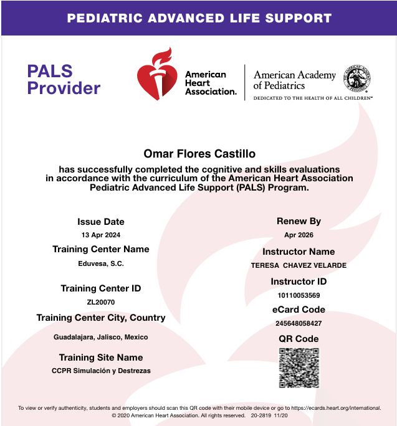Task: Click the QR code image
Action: (x=299, y=367)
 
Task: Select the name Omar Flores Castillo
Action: (x=199, y=153)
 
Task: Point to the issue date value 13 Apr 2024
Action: (x=101, y=235)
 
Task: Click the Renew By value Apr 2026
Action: (x=299, y=235)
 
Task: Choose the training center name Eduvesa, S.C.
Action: (x=101, y=263)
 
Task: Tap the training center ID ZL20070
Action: (x=101, y=302)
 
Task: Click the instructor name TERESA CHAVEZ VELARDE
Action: (x=299, y=265)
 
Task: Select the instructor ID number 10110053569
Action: (x=299, y=295)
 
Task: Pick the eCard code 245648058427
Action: (x=299, y=323)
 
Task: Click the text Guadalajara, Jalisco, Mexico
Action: (x=101, y=337)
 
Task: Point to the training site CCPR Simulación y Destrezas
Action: (x=101, y=371)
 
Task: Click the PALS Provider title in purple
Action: (x=63, y=79)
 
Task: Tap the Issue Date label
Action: (x=101, y=222)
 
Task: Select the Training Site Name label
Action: (x=101, y=357)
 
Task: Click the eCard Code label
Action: (x=299, y=310)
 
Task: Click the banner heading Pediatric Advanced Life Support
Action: (x=199, y=17)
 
